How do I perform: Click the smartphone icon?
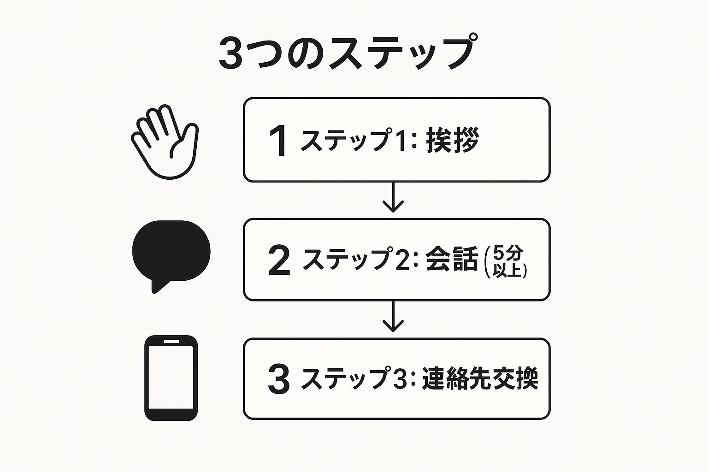click(171, 378)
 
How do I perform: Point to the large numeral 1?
click(278, 141)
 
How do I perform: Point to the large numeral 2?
click(279, 260)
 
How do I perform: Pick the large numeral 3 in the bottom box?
click(279, 380)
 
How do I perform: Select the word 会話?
click(452, 259)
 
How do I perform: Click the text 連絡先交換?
click(480, 378)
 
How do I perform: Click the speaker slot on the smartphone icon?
click(171, 342)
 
